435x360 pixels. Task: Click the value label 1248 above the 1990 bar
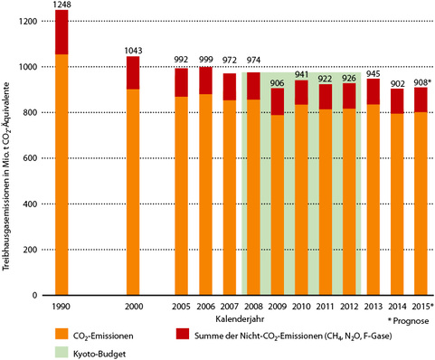tap(61, 5)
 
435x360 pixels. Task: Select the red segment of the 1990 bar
tap(61, 32)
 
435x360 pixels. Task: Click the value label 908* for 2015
tap(421, 82)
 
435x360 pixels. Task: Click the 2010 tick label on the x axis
tap(302, 308)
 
